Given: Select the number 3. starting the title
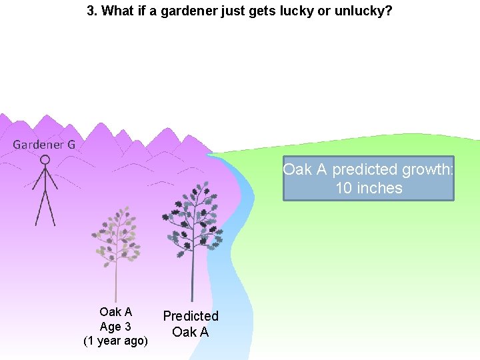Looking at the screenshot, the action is (93, 11).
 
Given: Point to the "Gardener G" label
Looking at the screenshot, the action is (44, 144).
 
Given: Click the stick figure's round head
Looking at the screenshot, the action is (45, 160).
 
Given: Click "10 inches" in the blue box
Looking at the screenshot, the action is (369, 188).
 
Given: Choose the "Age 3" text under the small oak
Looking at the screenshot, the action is (115, 327).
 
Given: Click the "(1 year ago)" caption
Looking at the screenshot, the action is (115, 341).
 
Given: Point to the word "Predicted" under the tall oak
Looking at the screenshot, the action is (191, 316).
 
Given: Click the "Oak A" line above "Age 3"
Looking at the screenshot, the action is (115, 312).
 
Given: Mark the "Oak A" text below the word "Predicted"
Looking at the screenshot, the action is (191, 332).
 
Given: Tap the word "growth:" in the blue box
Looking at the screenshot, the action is (427, 169).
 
